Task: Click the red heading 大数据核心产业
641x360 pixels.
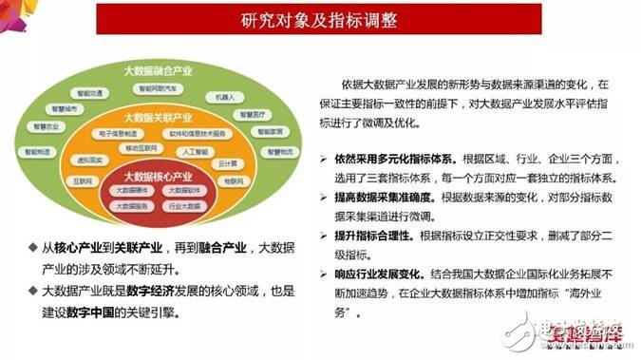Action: (159, 177)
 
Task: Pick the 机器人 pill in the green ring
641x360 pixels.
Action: (225, 97)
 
